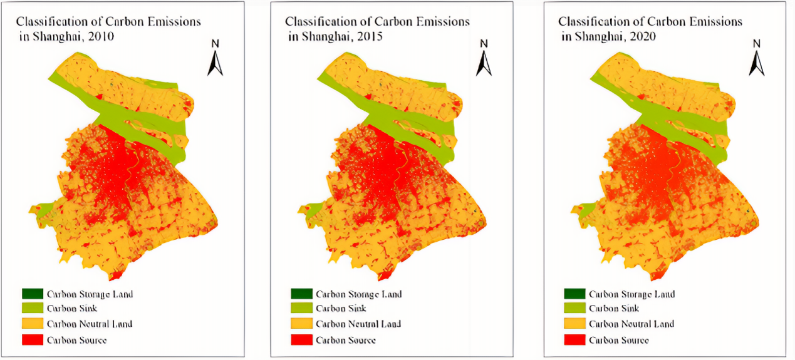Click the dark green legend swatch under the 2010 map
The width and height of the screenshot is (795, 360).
pyautogui.click(x=33, y=294)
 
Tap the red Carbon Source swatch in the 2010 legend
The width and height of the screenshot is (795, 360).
pyautogui.click(x=33, y=339)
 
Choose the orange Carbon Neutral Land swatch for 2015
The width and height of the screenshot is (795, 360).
pyautogui.click(x=301, y=324)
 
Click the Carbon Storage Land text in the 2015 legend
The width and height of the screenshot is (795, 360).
pyautogui.click(x=358, y=294)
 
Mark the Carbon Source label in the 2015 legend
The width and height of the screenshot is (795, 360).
pyautogui.click(x=345, y=340)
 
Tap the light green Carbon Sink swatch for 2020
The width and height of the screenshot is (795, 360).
pyautogui.click(x=574, y=309)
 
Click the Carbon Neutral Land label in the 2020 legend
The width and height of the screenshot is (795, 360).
pyautogui.click(x=631, y=324)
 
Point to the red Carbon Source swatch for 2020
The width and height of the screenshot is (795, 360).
pyautogui.click(x=574, y=339)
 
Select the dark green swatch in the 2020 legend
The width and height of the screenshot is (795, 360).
pyautogui.click(x=574, y=294)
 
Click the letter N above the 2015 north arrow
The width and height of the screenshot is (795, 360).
pyautogui.click(x=484, y=44)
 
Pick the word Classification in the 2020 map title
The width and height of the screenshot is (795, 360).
pyautogui.click(x=590, y=22)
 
